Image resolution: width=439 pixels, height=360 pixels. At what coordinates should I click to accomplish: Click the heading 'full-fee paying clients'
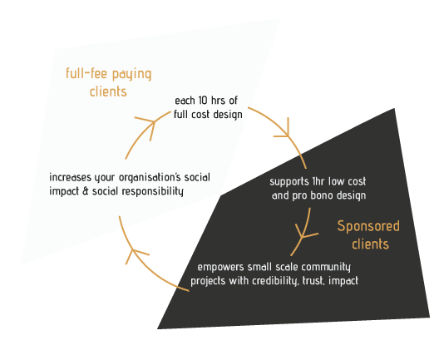pyautogui.click(x=109, y=82)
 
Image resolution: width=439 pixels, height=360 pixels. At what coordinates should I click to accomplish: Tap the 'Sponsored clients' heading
pyautogui.click(x=368, y=234)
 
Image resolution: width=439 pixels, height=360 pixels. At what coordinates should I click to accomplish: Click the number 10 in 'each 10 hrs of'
pyautogui.click(x=203, y=101)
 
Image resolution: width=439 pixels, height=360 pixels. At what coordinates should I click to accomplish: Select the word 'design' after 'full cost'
pyautogui.click(x=228, y=115)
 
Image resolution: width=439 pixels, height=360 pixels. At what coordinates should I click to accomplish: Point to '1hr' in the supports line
pyautogui.click(x=318, y=181)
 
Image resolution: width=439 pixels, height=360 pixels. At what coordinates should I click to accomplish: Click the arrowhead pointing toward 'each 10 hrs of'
pyautogui.click(x=149, y=126)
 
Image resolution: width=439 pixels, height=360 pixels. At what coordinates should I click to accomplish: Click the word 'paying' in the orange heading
pyautogui.click(x=131, y=75)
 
